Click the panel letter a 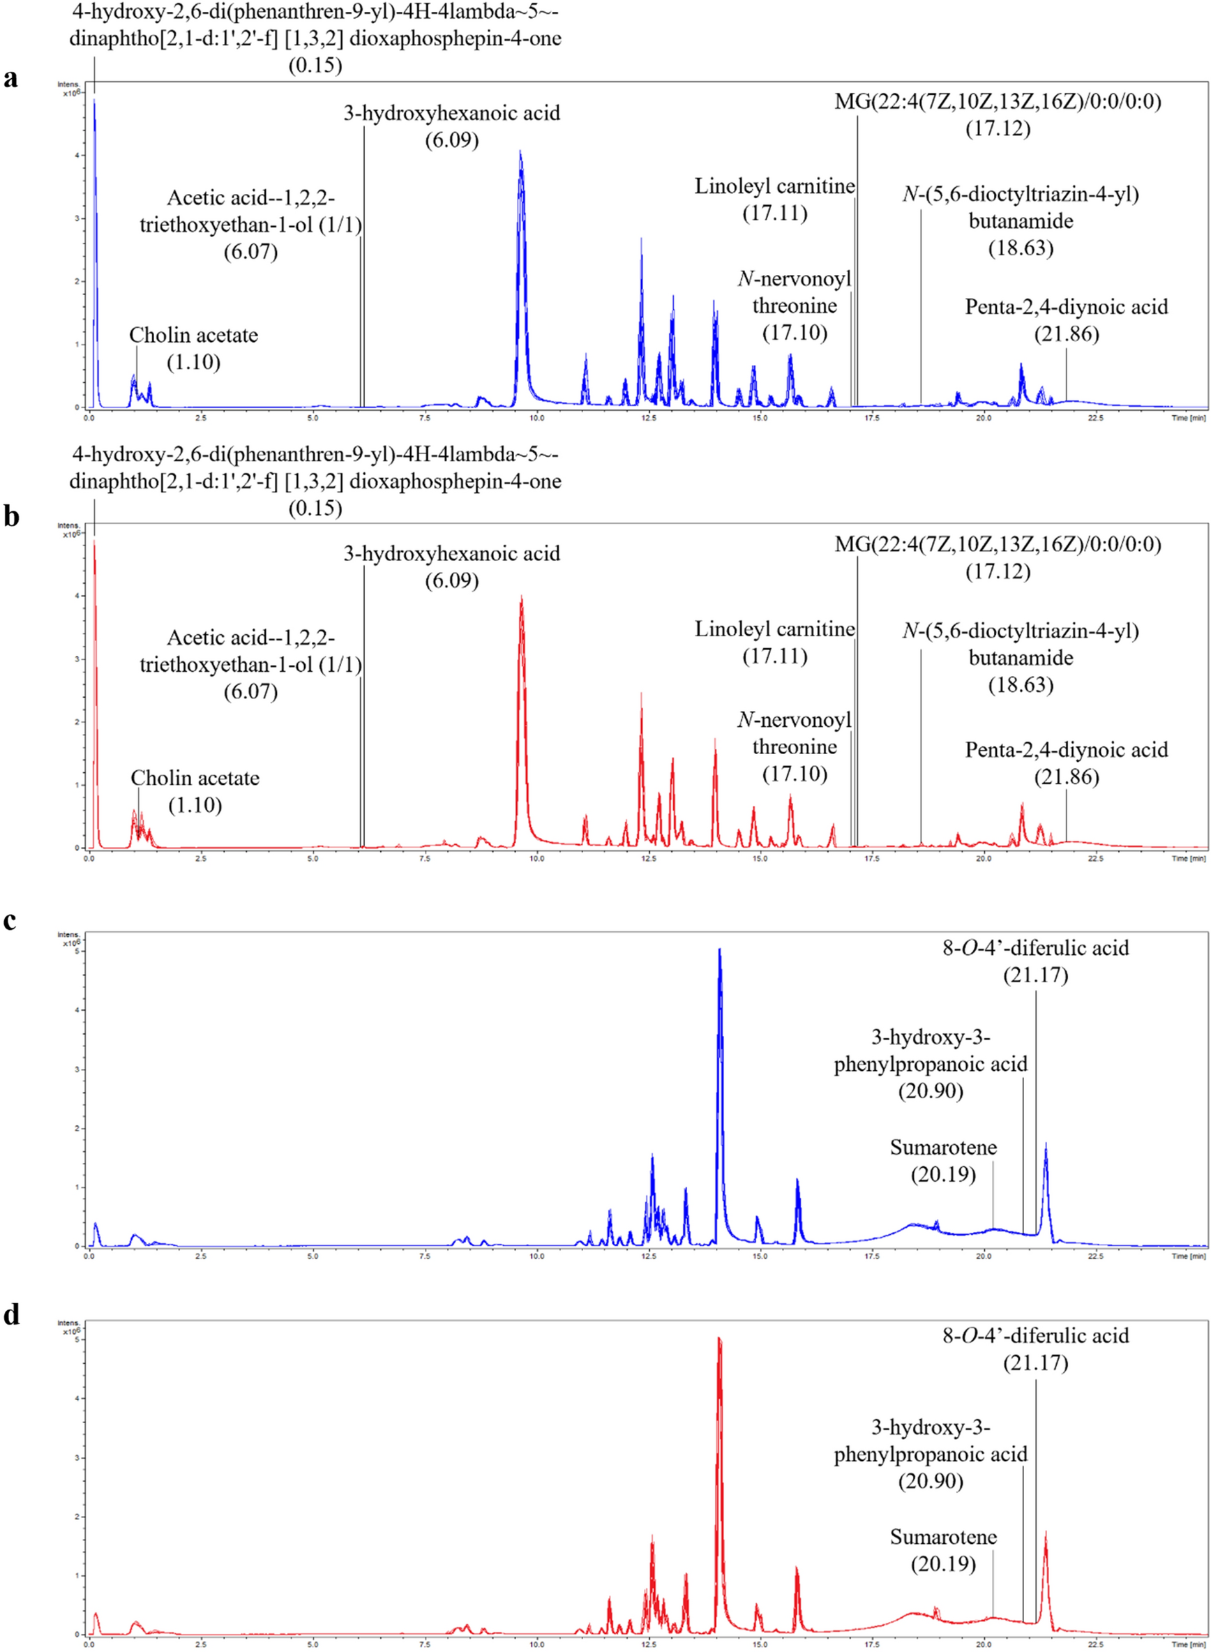(x=10, y=78)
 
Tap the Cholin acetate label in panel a (x=193, y=336)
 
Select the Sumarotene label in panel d (x=943, y=1536)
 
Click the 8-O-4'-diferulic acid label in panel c (x=1035, y=947)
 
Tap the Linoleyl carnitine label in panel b (x=775, y=629)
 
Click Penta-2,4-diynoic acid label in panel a (x=1066, y=307)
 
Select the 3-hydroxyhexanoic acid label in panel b (x=451, y=553)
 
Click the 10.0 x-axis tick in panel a (x=536, y=418)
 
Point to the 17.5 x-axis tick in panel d (x=871, y=1644)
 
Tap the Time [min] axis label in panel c (x=1188, y=1257)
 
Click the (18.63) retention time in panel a (x=1021, y=248)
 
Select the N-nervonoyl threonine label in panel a (x=795, y=292)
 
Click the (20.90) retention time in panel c (x=931, y=1091)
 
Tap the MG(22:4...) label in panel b (x=998, y=545)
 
